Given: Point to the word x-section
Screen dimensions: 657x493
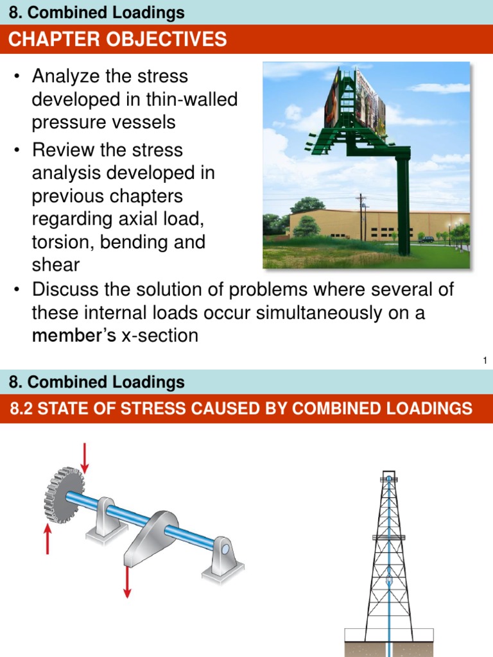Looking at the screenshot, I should (159, 336).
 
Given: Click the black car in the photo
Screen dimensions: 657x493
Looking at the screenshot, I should (427, 239).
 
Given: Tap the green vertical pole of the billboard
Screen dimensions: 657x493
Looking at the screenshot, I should (403, 205).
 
